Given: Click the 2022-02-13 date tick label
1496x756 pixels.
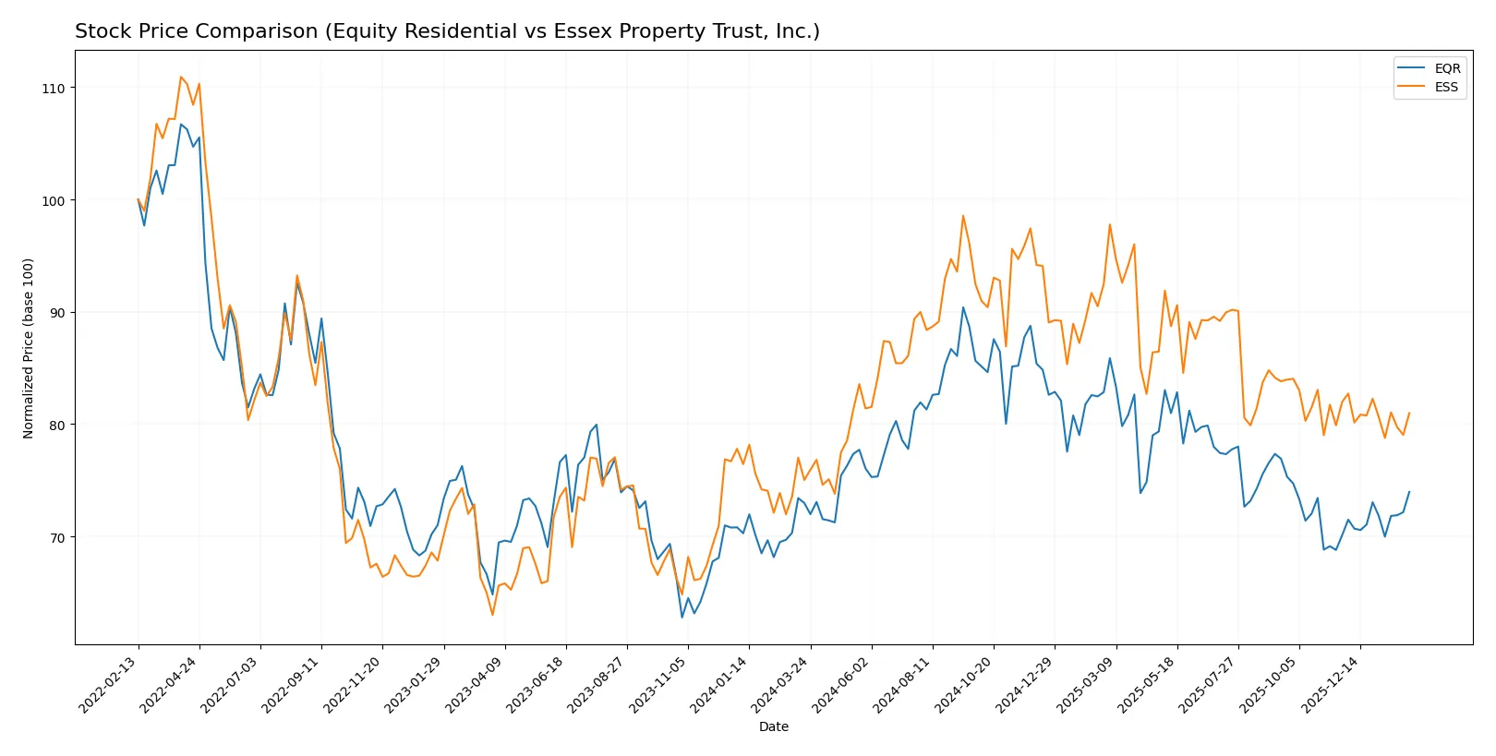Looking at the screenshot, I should pyautogui.click(x=109, y=684).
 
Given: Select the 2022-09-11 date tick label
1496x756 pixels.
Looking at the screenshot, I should pyautogui.click(x=292, y=684).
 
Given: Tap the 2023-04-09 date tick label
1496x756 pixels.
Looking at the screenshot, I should pyautogui.click(x=476, y=684).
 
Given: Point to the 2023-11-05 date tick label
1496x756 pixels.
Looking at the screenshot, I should pyautogui.click(x=658, y=684).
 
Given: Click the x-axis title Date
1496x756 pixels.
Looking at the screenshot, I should pyautogui.click(x=774, y=727).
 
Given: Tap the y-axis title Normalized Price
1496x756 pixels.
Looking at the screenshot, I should pyautogui.click(x=29, y=348).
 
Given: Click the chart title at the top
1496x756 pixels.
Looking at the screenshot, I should pyautogui.click(x=447, y=31).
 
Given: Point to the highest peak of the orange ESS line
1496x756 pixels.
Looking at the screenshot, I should pyautogui.click(x=181, y=77).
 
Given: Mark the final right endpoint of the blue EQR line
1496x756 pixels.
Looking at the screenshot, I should pyautogui.click(x=1409, y=492).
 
